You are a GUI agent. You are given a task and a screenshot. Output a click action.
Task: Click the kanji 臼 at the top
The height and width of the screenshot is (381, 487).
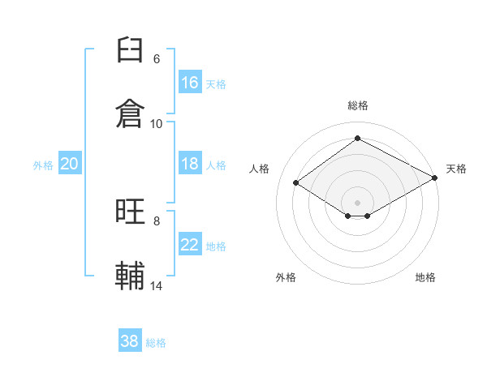click(130, 49)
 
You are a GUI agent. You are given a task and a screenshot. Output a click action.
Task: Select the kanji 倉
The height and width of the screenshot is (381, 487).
click(130, 113)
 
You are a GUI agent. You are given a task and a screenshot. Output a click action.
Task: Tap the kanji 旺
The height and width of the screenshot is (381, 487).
click(130, 212)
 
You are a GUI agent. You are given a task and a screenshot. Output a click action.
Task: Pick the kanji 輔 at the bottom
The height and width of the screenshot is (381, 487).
click(130, 275)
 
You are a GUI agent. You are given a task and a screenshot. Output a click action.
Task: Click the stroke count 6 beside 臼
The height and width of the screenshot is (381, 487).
click(157, 59)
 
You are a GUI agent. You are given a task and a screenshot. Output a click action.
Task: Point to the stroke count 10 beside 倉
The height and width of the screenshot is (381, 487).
click(156, 124)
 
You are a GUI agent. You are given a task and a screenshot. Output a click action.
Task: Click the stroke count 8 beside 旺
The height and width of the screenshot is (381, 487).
click(157, 221)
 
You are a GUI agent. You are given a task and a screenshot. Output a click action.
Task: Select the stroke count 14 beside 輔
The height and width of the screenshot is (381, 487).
click(156, 285)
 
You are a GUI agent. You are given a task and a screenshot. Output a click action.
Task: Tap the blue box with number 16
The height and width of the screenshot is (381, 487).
click(190, 82)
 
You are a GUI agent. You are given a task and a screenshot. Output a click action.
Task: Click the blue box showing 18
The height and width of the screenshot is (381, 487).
click(190, 163)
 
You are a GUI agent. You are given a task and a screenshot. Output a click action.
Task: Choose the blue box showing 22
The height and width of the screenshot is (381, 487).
click(190, 243)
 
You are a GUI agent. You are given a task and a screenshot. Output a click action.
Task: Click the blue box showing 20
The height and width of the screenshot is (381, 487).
click(70, 163)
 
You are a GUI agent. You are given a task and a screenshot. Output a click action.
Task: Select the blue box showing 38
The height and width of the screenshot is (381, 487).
click(130, 340)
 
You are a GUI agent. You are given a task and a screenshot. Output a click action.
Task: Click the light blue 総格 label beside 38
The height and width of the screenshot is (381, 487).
click(156, 343)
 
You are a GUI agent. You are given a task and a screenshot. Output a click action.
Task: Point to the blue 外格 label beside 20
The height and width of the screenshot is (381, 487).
click(43, 165)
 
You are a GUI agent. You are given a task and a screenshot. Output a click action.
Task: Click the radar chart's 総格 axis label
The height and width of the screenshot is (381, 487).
click(358, 105)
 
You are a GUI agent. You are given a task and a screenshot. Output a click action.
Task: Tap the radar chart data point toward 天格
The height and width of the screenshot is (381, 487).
click(435, 178)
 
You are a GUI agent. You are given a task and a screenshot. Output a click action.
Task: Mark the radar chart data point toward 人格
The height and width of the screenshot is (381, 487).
click(296, 182)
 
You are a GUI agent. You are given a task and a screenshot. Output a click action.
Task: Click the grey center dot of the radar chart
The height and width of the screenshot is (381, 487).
click(357, 203)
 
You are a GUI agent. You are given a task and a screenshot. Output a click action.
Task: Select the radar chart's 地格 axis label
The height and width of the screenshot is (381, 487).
click(425, 277)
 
